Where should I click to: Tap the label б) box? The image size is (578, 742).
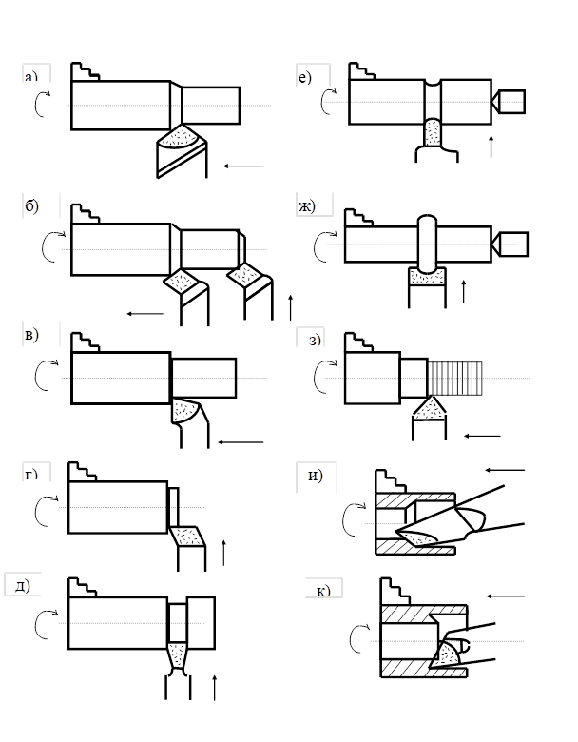click(41, 205)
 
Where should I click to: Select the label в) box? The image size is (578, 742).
click(41, 333)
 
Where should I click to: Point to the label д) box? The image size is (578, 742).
click(24, 583)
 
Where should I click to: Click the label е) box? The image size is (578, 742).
click(313, 76)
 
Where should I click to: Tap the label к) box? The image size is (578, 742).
click(323, 589)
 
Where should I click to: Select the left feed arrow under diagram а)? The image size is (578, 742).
click(243, 166)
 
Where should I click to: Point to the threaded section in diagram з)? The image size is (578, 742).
click(455, 378)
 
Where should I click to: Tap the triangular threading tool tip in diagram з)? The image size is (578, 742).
click(430, 408)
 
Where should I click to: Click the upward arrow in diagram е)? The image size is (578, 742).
click(491, 146)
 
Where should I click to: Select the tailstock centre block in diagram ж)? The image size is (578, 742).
click(513, 244)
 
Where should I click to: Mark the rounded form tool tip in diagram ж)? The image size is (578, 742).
click(427, 275)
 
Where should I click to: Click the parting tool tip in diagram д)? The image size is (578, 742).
click(178, 654)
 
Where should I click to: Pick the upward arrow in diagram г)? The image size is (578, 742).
click(223, 552)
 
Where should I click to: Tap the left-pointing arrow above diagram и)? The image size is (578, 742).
click(504, 469)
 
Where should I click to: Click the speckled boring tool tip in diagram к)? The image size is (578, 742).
click(447, 654)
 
